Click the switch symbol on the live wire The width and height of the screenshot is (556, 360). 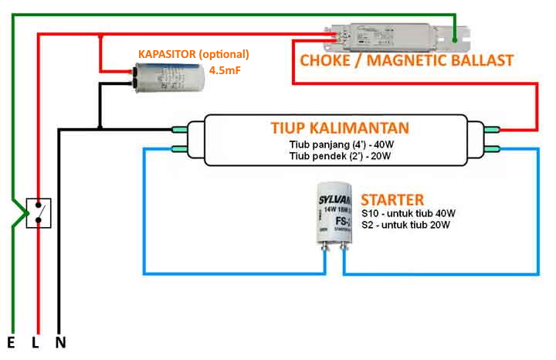pos(39,212)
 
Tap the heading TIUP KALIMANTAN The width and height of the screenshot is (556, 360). pos(340,127)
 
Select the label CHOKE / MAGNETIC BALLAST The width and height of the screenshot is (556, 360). pos(406,59)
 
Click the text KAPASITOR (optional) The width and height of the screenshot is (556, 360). pos(194,54)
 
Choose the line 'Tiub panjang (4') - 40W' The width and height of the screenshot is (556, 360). pos(340,144)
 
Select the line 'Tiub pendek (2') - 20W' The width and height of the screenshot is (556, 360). pos(340,156)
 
